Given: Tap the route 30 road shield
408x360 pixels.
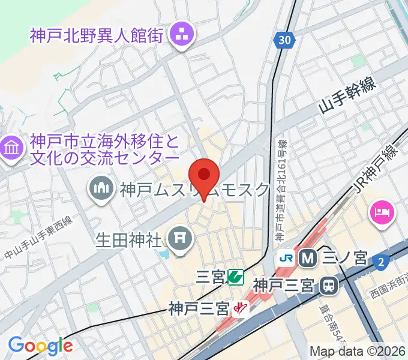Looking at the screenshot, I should point(286,40).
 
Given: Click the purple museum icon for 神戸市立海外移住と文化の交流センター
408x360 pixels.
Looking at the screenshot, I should point(11,147).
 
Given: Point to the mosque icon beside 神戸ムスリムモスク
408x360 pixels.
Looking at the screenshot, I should point(101,190).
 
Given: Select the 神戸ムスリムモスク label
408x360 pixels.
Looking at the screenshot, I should point(194,190).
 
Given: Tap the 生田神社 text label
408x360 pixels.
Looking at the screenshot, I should point(129,241).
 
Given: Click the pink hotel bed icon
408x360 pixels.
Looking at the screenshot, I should point(383,212).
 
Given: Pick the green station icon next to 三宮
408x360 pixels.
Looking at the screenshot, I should point(236,277).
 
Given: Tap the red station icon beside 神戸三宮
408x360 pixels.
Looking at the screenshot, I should point(241,309).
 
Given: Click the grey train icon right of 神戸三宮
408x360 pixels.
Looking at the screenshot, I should point(329,284).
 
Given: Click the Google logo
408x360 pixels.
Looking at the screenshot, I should point(40,345).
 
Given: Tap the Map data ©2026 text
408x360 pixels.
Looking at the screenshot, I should point(358,351).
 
